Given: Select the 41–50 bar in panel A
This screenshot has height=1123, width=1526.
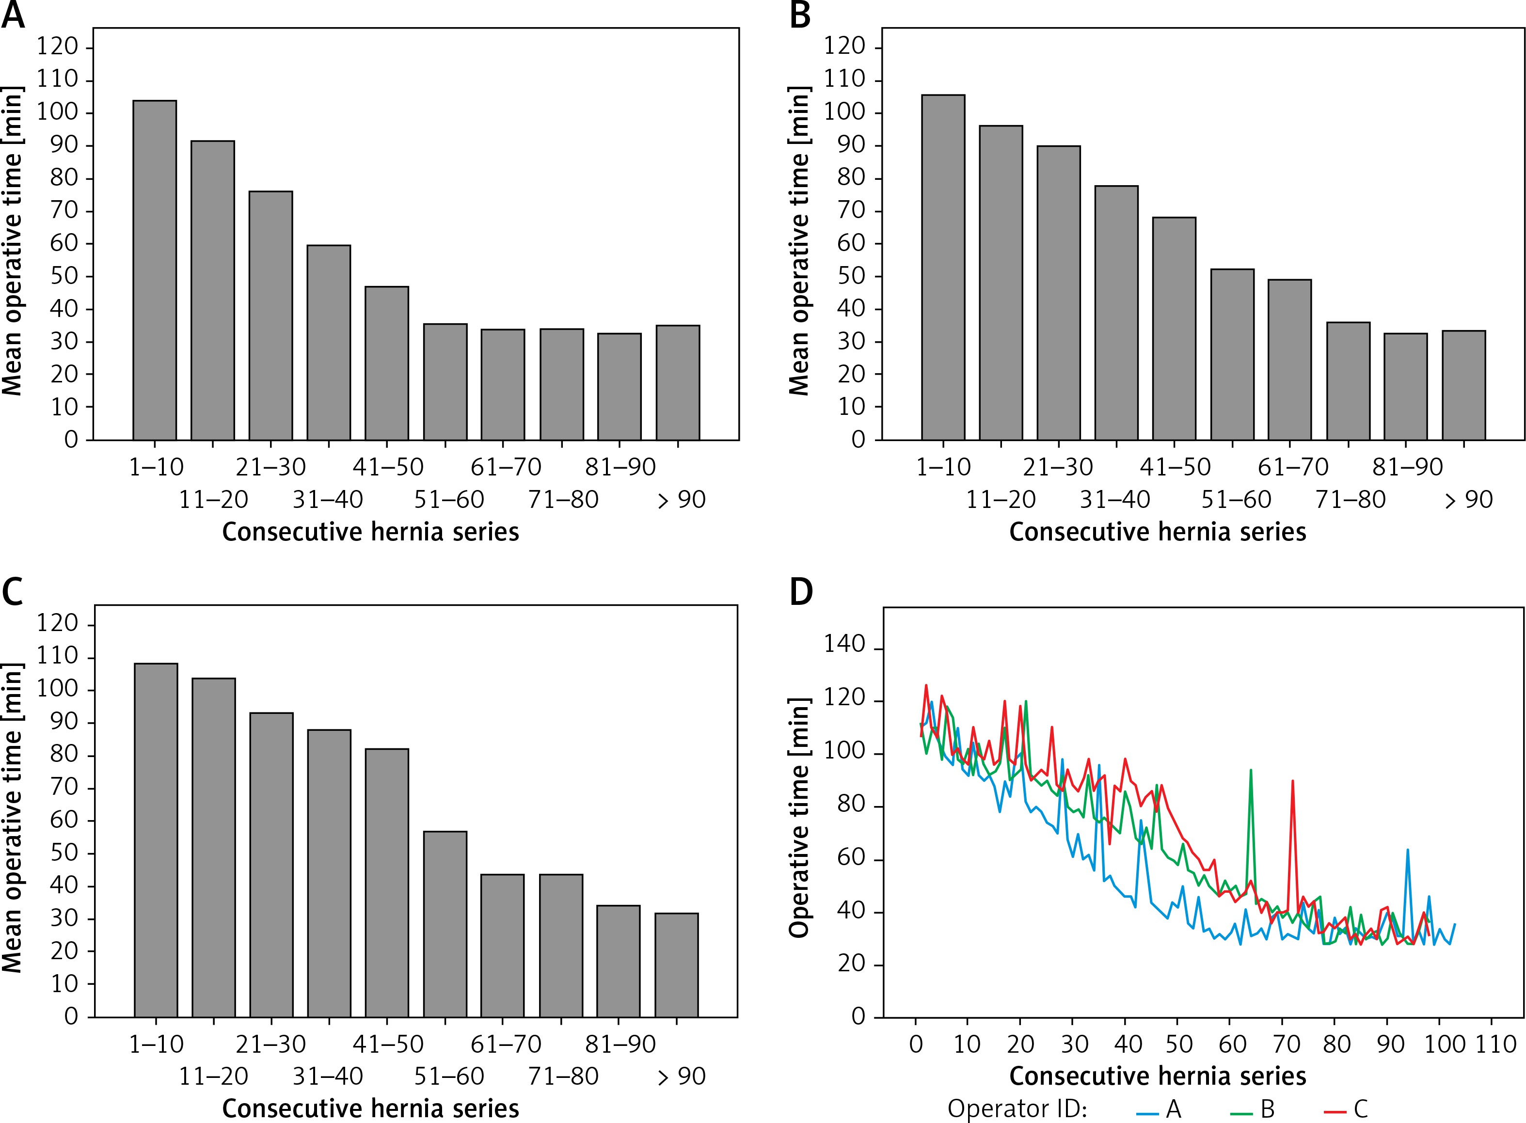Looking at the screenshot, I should (387, 363).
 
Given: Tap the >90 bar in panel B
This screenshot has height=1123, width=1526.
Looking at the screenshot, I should (1463, 385).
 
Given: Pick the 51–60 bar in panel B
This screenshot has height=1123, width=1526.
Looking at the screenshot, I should (1232, 354).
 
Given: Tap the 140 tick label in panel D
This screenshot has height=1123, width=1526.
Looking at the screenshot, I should (844, 645).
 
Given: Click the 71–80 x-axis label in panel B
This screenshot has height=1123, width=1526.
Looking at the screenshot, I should (1351, 500).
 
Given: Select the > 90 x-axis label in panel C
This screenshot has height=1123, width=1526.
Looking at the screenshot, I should (682, 1076).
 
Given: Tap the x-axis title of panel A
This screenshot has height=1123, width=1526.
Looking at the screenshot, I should (370, 532).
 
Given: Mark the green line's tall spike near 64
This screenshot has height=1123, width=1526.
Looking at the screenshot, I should (1251, 772).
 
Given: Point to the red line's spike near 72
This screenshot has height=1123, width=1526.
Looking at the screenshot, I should (1292, 782).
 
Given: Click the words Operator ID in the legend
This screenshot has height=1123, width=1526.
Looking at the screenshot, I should (1017, 1109).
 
